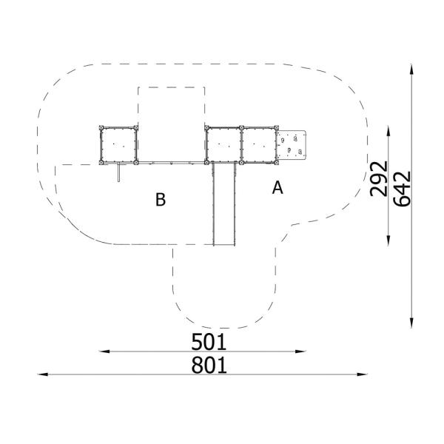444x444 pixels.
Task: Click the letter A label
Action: (x=277, y=188)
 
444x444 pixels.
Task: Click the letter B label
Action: (x=160, y=199)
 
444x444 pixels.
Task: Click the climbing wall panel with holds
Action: (x=292, y=144)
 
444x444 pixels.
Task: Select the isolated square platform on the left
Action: (x=118, y=145)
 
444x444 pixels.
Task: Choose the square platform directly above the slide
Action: (x=224, y=145)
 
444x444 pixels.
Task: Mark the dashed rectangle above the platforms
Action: (x=171, y=107)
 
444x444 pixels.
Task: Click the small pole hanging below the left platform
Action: (x=116, y=172)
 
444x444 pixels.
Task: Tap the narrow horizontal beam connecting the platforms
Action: (x=171, y=163)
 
